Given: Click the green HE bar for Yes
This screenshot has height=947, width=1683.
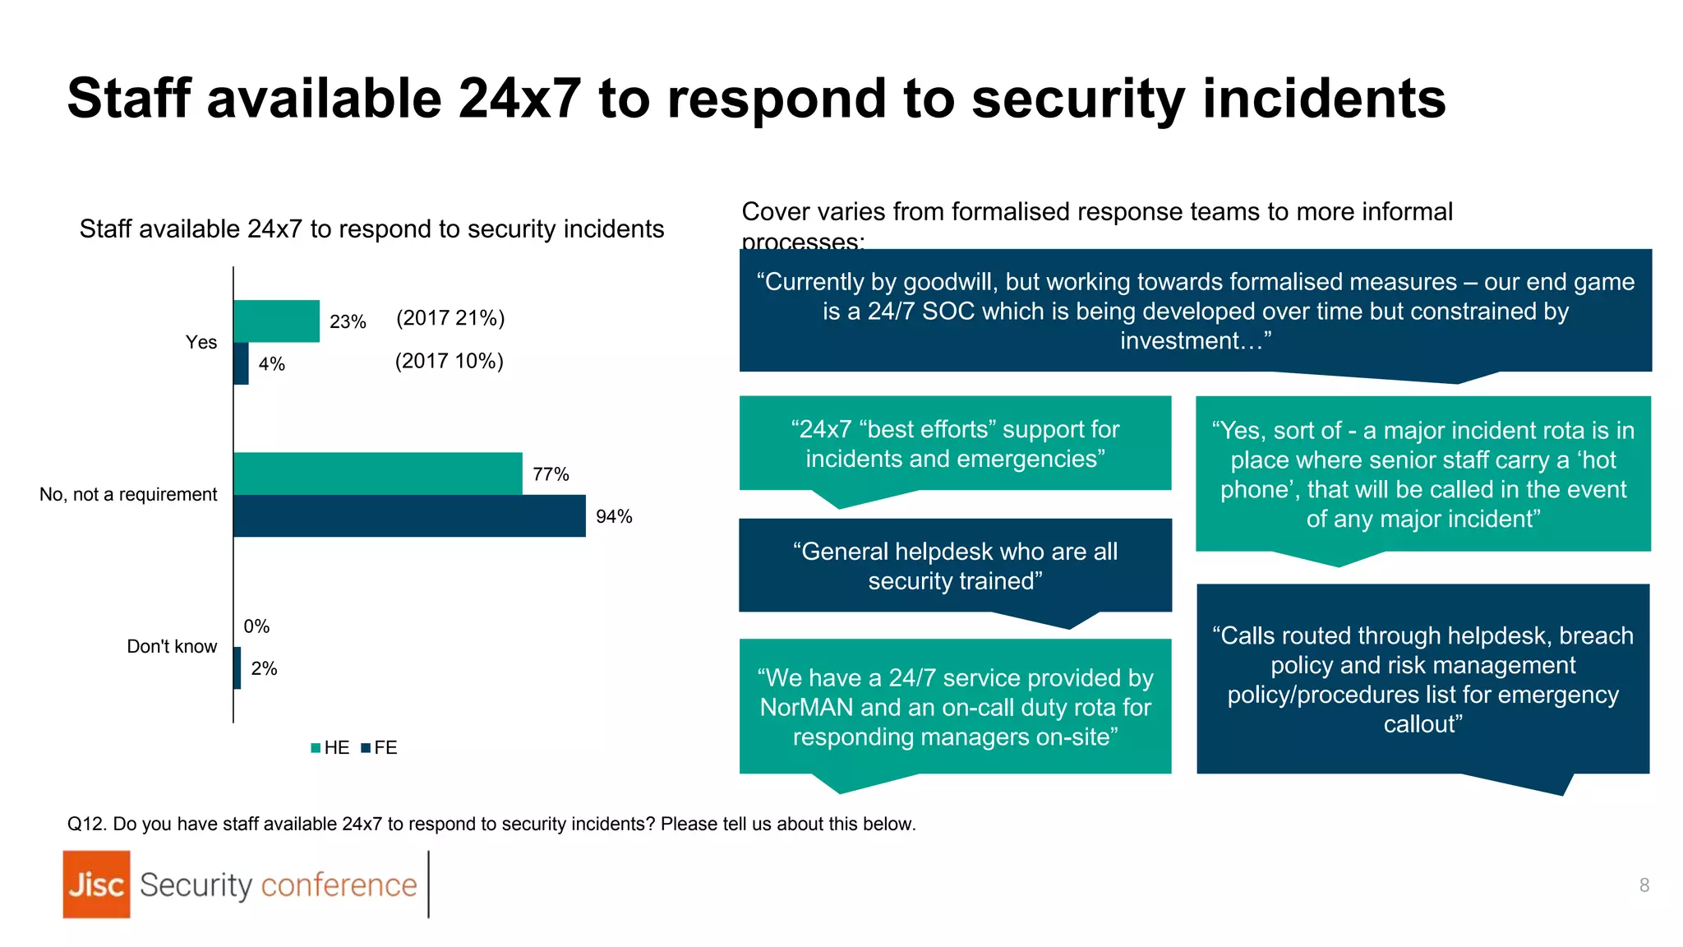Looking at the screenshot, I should click(x=276, y=321).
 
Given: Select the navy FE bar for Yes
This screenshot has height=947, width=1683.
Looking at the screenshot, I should click(x=241, y=363).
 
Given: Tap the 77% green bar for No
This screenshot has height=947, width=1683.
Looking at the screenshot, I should click(x=378, y=473).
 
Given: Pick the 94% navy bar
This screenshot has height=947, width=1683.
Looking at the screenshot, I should click(x=409, y=516).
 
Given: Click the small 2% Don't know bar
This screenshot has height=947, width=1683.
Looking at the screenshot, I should click(x=237, y=668).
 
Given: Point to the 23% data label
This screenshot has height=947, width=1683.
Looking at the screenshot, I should click(x=348, y=322).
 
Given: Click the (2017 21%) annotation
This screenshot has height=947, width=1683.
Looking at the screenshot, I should click(x=450, y=318).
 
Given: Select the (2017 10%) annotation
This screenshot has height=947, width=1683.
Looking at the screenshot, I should click(x=449, y=361).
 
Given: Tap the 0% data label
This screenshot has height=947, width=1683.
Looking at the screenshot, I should click(x=256, y=626).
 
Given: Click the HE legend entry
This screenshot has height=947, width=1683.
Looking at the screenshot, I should click(x=331, y=747).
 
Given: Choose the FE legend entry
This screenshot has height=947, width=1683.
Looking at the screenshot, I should click(x=380, y=747).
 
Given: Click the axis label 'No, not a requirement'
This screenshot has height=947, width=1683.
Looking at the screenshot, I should click(x=128, y=494).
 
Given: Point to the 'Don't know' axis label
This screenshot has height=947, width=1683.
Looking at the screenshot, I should click(x=172, y=646).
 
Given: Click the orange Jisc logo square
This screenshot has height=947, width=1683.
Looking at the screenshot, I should click(x=96, y=885).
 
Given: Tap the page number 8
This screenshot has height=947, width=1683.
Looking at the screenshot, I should click(x=1644, y=885).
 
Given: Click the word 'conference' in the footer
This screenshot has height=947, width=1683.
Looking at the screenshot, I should click(x=339, y=885).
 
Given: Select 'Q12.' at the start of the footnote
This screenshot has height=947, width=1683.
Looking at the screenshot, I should click(x=86, y=824).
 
